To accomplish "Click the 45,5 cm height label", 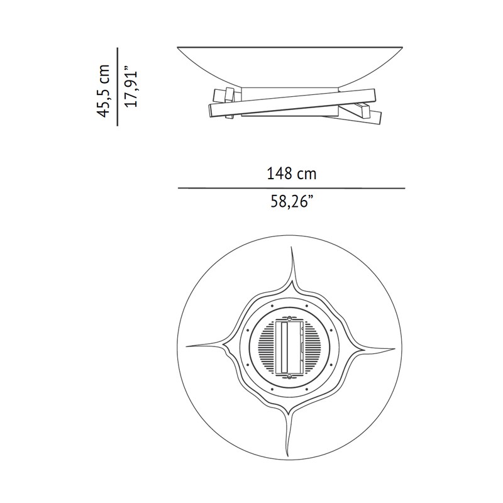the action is click(103, 91).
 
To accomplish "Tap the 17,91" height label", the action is click(131, 87).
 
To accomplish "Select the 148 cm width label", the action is click(292, 174).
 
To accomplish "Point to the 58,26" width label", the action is click(292, 202).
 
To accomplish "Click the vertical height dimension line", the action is click(118, 87).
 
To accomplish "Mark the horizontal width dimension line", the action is click(292, 188).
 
